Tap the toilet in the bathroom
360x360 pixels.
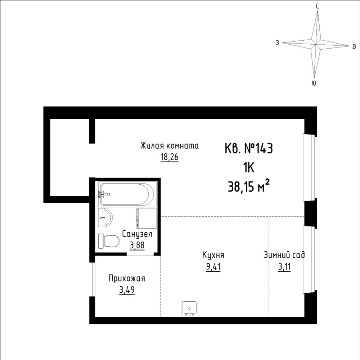click(109, 241)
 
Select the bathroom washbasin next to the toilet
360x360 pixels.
click(105, 218)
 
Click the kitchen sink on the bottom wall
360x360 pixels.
click(190, 309)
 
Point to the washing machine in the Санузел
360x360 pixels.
click(147, 218)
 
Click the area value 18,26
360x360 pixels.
click(170, 158)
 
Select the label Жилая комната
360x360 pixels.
click(170, 146)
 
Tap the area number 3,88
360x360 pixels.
click(137, 245)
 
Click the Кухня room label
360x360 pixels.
click(213, 255)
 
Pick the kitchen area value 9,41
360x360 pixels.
click(213, 267)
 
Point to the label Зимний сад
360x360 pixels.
click(284, 255)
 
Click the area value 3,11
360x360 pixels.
click(284, 267)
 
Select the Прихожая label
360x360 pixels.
click(127, 279)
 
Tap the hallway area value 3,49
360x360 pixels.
click(127, 290)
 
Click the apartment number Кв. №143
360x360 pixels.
click(249, 148)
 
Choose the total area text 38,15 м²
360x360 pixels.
click(249, 186)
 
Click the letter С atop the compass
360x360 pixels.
click(317, 6)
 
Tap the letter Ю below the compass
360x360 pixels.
click(314, 83)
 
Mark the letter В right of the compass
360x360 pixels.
click(354, 46)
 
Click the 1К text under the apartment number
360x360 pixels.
click(249, 168)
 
